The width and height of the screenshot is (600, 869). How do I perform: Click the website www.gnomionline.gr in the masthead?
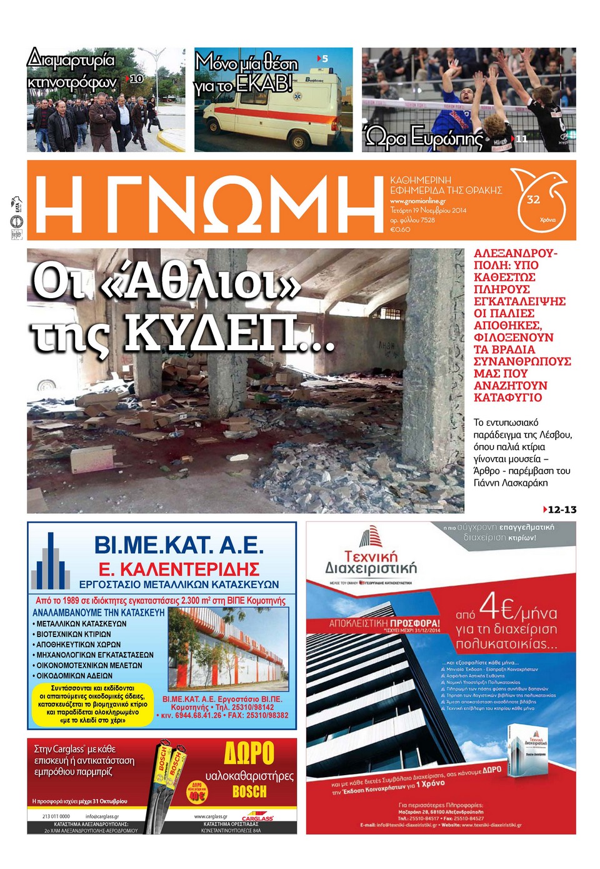(417, 201)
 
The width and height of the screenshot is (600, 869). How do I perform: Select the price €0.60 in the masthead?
(400, 229)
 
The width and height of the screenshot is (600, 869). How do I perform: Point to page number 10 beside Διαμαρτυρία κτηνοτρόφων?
(136, 79)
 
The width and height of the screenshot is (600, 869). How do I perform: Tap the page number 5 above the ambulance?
(324, 58)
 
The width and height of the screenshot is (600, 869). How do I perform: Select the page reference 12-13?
(561, 510)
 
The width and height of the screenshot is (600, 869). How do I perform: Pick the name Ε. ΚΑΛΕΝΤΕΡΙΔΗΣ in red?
(179, 570)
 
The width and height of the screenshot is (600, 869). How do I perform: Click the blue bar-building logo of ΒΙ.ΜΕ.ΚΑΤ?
(52, 563)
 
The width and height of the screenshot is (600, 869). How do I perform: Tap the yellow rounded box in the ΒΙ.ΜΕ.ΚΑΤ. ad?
(92, 705)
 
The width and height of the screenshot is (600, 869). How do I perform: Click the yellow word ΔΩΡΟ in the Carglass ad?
(249, 753)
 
